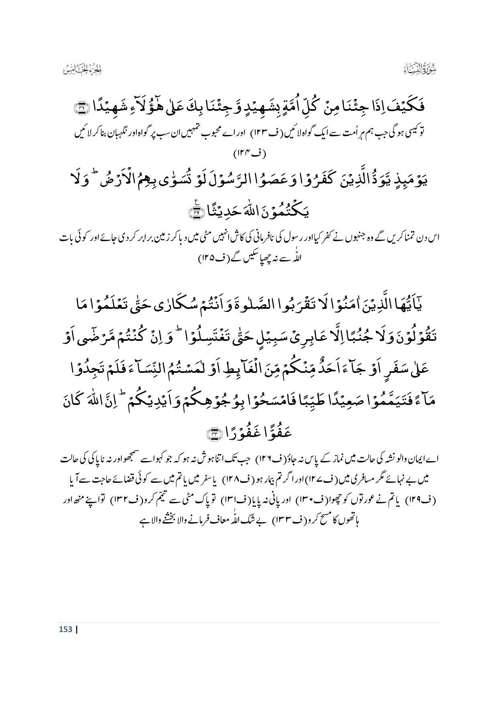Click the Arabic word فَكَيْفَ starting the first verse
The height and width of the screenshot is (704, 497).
408,107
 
